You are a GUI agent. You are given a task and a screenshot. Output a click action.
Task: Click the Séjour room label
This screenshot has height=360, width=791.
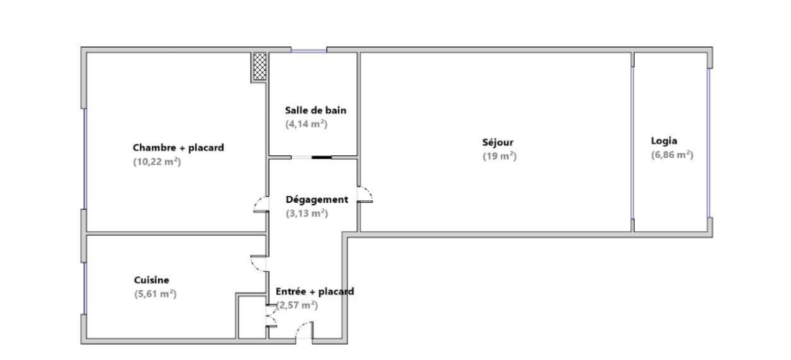[497, 142]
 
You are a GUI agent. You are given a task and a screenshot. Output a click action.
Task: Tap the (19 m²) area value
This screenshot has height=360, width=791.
[499, 156]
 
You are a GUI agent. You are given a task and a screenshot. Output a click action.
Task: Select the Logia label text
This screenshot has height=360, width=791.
[664, 141]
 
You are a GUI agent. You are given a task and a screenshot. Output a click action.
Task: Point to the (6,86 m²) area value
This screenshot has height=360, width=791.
[672, 155]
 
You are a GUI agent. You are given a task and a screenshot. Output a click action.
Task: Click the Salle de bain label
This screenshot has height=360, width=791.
[315, 110]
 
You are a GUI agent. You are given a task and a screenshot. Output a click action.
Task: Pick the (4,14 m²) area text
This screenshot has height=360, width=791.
[306, 124]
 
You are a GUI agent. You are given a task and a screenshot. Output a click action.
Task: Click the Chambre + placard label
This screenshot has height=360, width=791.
[178, 147]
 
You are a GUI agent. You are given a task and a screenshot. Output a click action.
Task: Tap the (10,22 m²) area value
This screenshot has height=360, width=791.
[157, 161]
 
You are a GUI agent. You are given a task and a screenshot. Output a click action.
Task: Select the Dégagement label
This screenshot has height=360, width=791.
[317, 200]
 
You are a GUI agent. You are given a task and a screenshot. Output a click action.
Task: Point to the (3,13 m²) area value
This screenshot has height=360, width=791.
[307, 214]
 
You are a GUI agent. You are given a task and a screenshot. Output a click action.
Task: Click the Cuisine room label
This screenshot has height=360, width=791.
[151, 280]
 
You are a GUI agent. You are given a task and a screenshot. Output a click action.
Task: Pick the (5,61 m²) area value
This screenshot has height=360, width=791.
[155, 294]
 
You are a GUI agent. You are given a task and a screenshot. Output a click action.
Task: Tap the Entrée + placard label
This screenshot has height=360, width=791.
[314, 291]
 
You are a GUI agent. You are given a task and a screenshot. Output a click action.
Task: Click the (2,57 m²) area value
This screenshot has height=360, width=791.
[297, 305]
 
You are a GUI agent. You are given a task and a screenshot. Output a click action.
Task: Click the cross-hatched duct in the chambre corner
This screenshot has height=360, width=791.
[260, 66]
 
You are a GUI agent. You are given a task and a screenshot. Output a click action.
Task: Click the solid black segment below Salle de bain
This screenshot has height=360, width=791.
[322, 157]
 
